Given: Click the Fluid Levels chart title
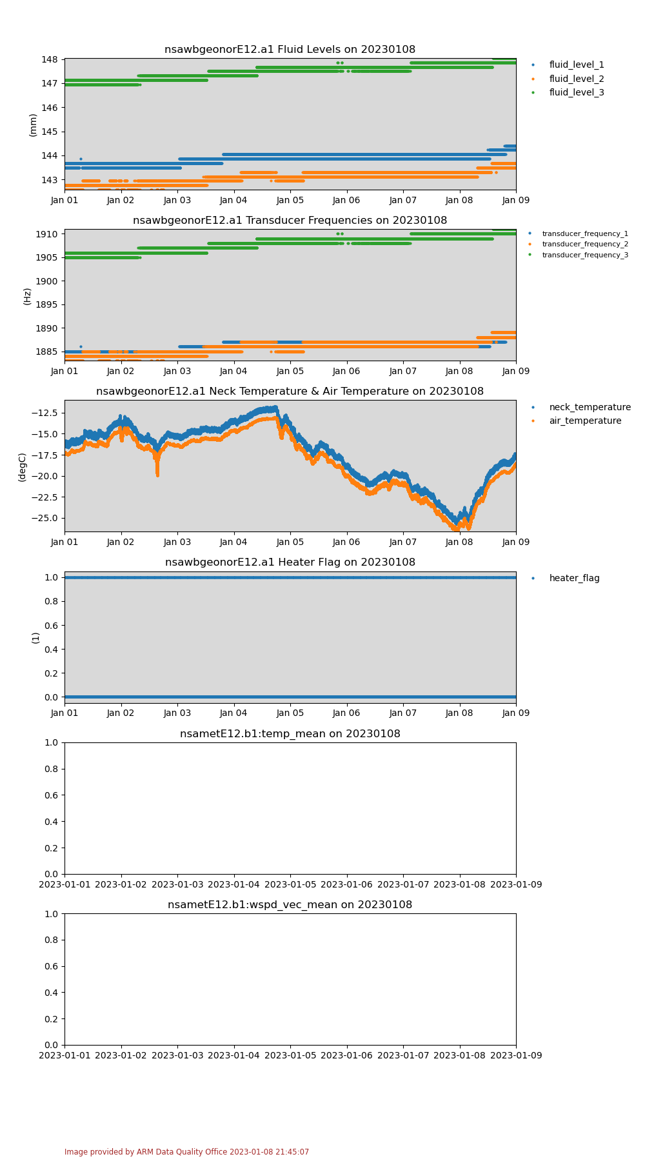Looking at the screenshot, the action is [290, 50].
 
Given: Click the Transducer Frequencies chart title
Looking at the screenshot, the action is [290, 221].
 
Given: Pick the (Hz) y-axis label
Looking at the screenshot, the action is [27, 296].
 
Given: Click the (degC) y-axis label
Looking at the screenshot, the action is [22, 467].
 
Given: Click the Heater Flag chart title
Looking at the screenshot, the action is [290, 562].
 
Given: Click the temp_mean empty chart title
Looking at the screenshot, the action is [290, 734].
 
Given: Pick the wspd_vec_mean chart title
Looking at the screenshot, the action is [290, 905].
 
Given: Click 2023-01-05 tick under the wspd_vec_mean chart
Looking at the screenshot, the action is [290, 1055].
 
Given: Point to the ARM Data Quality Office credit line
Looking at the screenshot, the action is [186, 1152].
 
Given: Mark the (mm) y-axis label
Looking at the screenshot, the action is [33, 124].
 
